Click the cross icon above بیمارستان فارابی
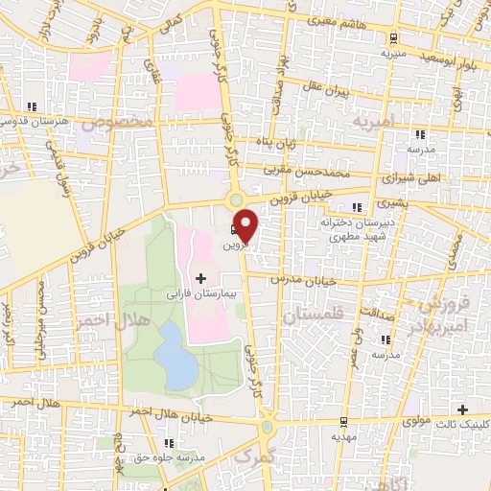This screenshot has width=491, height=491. click(x=199, y=277)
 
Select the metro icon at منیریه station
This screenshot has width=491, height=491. click(x=394, y=38)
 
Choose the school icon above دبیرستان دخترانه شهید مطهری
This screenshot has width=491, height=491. click(x=359, y=207)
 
